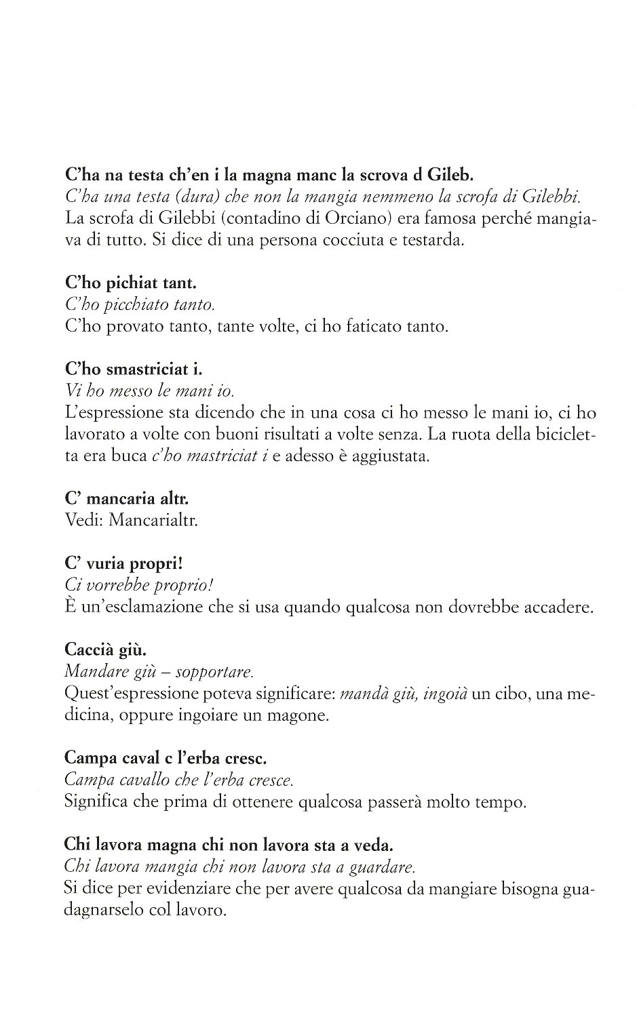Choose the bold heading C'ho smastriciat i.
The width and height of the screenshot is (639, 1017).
click(x=134, y=369)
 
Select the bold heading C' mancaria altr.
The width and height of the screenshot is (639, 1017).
click(x=126, y=498)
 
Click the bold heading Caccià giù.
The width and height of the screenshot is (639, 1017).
click(x=104, y=650)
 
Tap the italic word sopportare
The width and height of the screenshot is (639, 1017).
click(x=214, y=672)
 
